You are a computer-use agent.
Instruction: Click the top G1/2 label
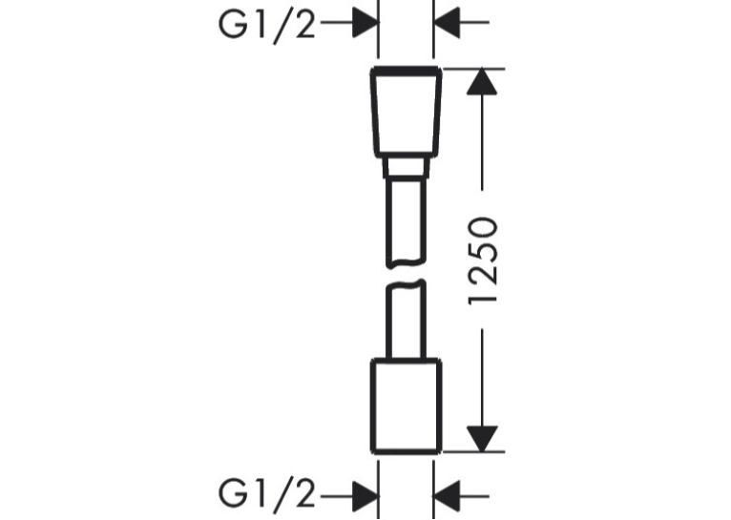click(266, 25)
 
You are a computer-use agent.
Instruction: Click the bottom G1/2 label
click(266, 495)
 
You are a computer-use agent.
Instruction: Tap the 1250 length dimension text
click(483, 260)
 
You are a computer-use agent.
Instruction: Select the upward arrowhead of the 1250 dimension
click(483, 81)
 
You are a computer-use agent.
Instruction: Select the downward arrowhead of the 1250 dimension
click(483, 439)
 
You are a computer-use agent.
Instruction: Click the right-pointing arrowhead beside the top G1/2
click(365, 22)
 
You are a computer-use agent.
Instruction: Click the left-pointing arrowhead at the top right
click(447, 22)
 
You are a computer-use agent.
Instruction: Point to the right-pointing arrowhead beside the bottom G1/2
click(365, 497)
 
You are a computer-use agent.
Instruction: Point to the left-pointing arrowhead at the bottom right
click(447, 497)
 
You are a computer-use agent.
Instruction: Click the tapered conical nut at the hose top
click(407, 111)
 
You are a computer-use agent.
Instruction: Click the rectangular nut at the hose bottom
click(407, 406)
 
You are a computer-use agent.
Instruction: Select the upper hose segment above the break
click(407, 222)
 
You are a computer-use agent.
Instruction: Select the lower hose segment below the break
click(407, 320)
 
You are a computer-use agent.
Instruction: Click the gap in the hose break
click(407, 274)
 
